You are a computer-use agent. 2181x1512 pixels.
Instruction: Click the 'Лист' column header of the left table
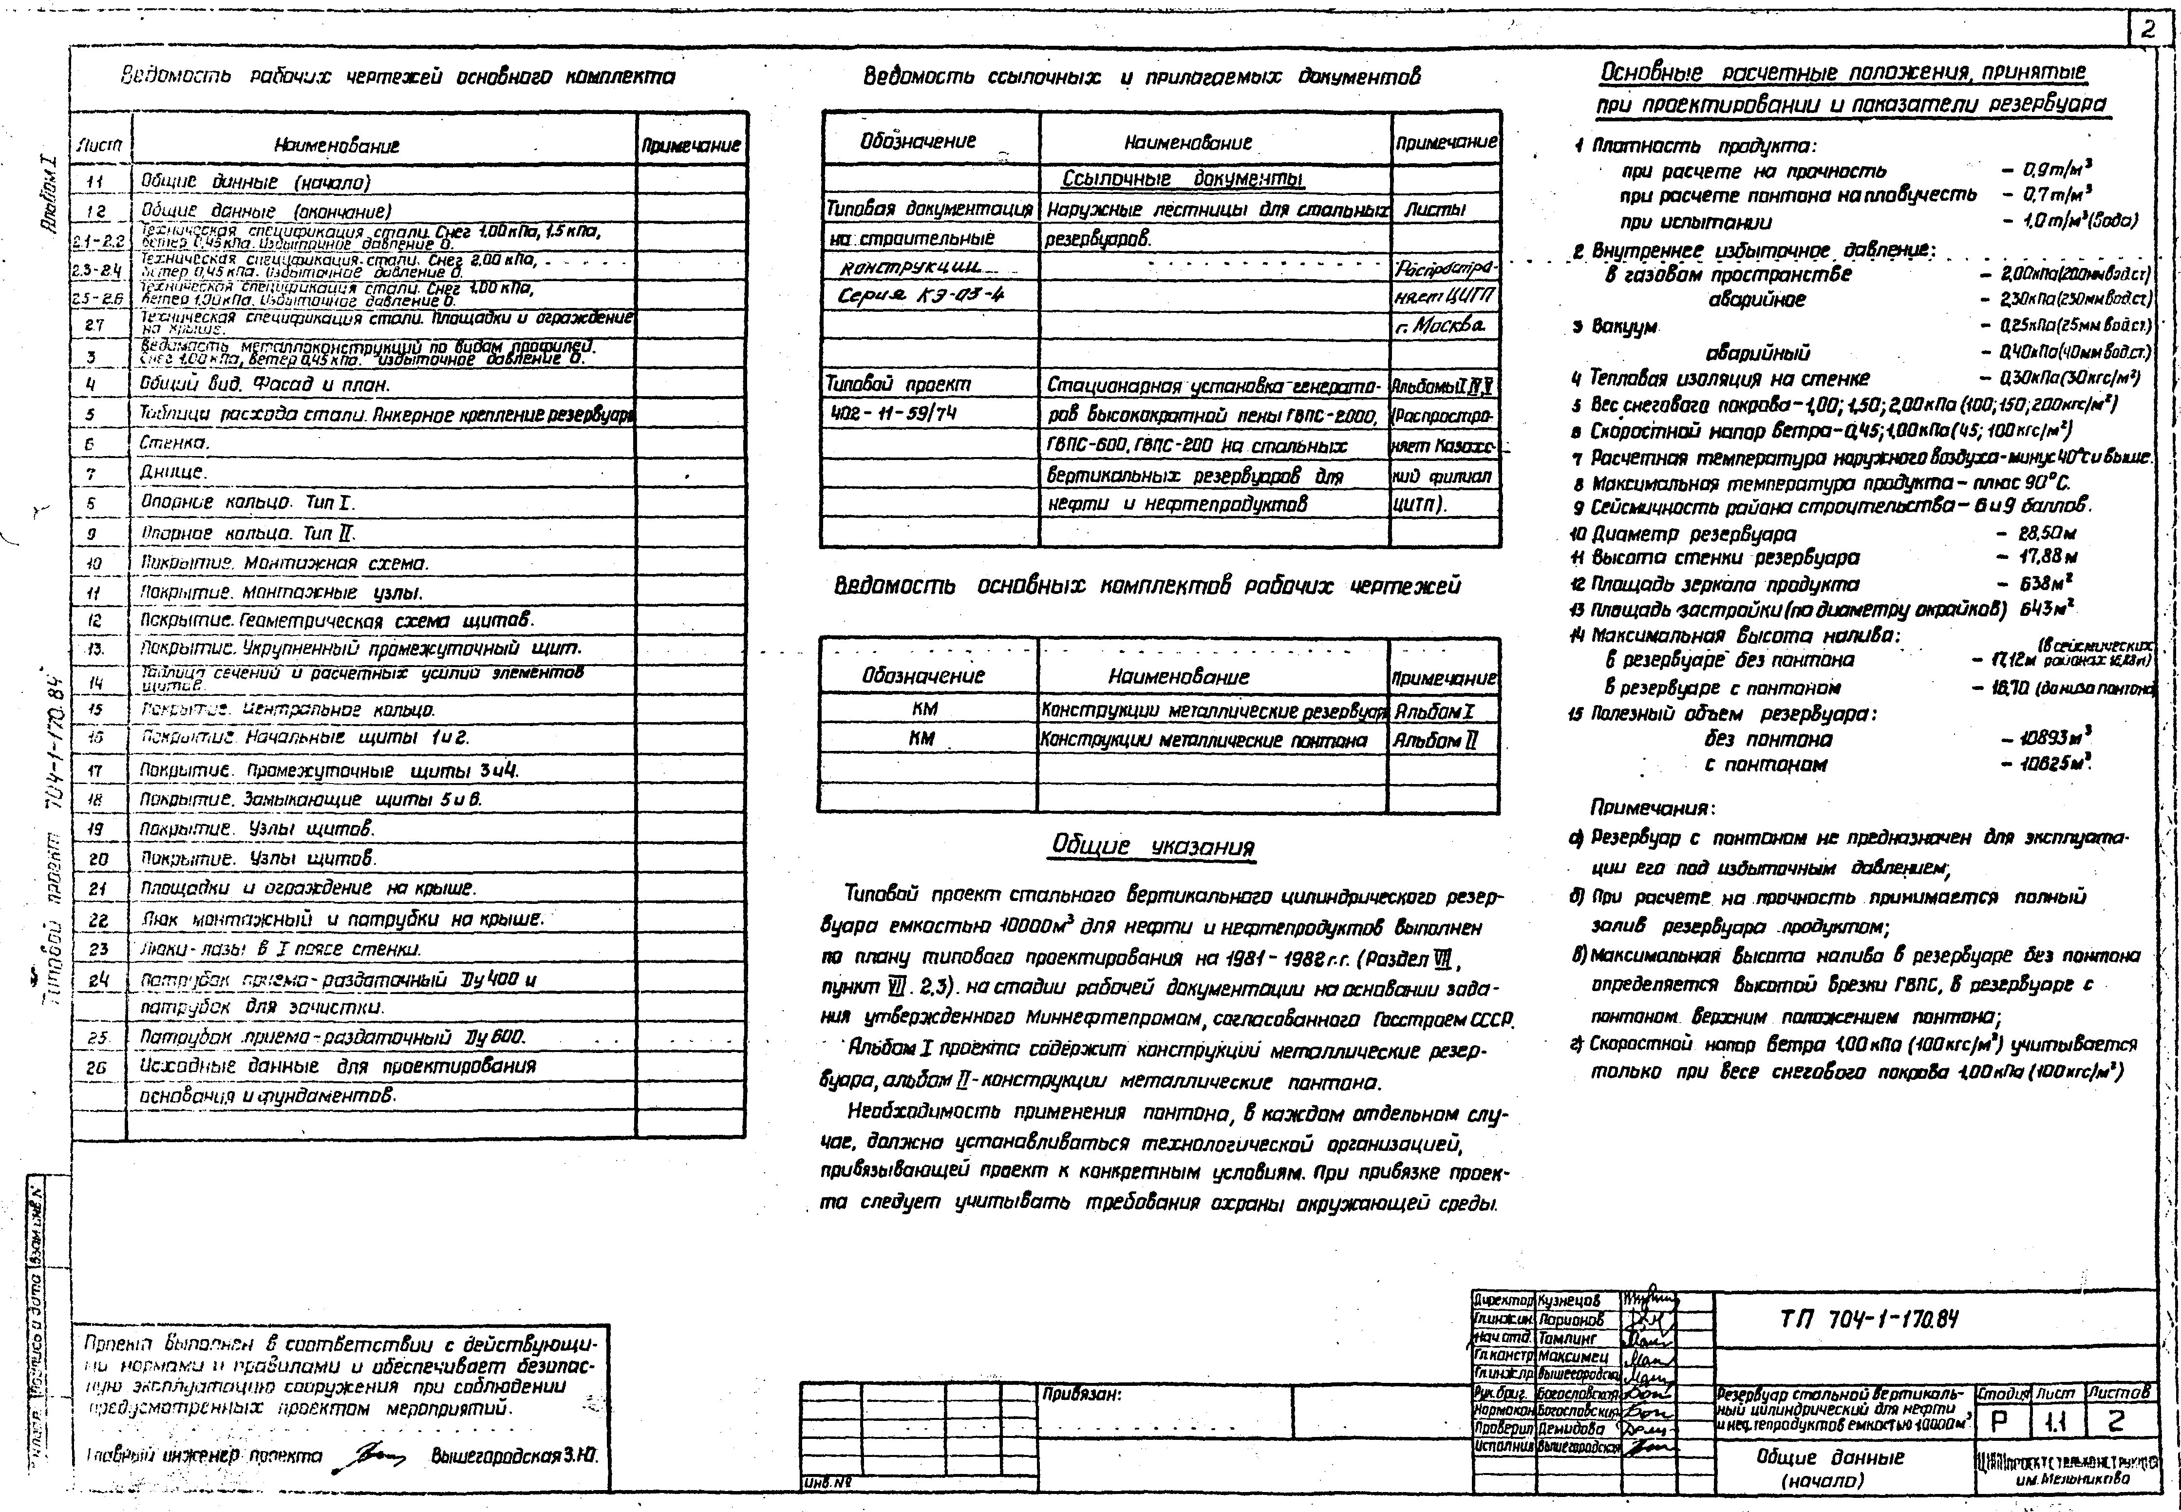pos(98,145)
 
